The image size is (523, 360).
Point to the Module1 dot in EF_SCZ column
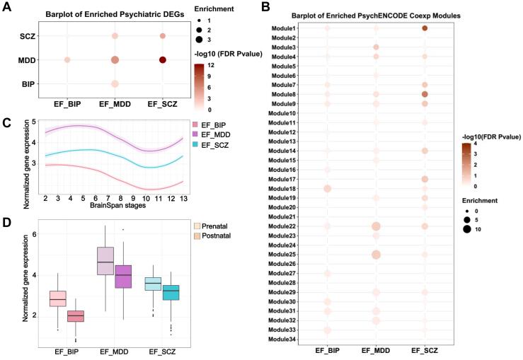[425, 28]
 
